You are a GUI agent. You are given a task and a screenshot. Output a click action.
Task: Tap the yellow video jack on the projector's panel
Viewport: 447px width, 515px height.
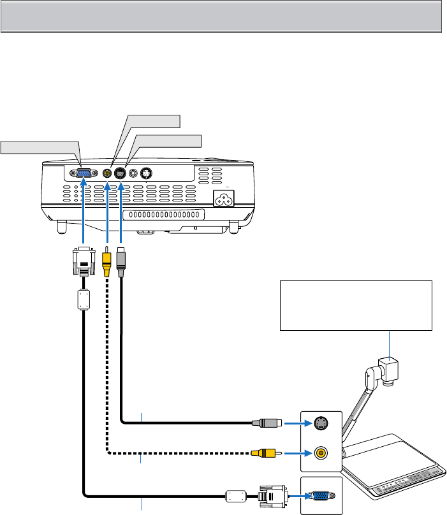pos(108,172)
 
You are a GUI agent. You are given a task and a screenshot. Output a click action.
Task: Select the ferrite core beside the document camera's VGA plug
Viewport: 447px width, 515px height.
pos(237,496)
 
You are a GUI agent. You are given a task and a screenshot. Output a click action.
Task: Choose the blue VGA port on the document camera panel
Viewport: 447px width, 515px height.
pos(320,496)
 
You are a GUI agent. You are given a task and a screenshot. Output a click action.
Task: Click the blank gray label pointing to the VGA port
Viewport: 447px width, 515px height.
pos(40,148)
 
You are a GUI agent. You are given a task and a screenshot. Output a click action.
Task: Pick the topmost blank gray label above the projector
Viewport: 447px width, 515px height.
pos(153,120)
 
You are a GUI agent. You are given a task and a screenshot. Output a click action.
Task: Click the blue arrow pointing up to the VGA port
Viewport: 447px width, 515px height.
pos(84,210)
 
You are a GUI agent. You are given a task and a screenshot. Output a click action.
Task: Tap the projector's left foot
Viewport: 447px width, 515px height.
pos(61,226)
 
